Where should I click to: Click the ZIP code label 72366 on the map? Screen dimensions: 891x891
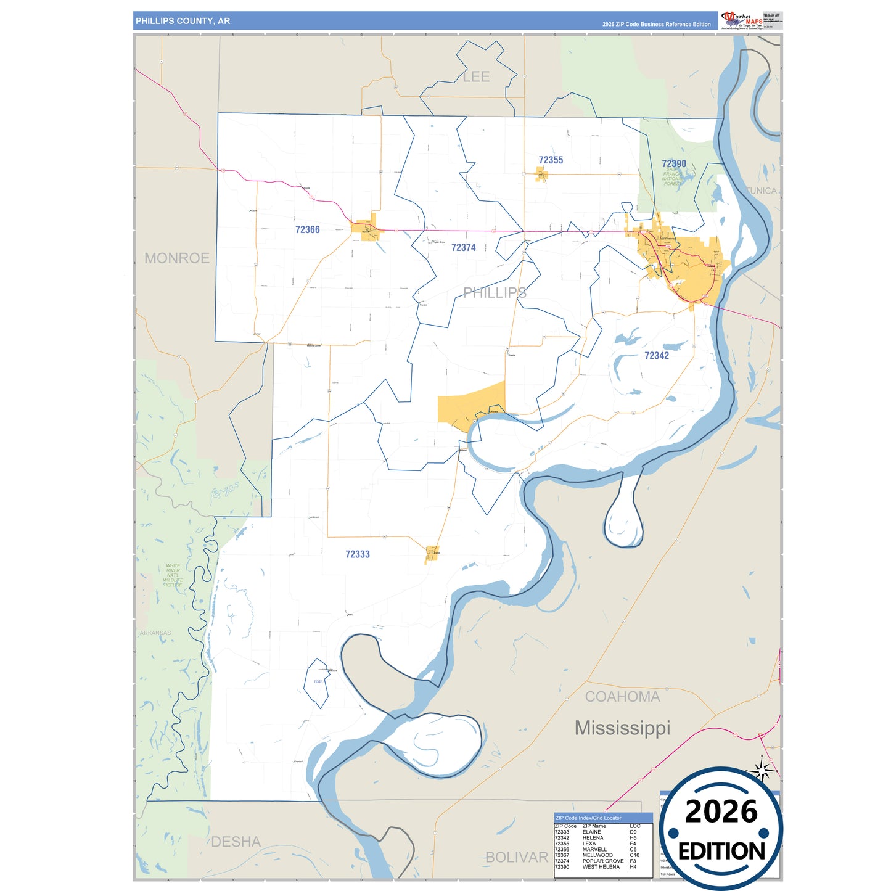point(307,229)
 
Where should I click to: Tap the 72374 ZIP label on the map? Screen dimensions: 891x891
point(463,247)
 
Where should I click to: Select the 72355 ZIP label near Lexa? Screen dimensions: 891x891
point(551,160)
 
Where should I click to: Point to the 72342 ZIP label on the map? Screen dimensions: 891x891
point(656,356)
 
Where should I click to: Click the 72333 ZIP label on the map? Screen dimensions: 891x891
point(358,554)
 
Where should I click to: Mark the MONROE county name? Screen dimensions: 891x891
point(177,258)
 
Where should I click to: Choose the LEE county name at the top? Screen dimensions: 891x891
point(476,76)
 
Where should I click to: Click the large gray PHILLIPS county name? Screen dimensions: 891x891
point(495,292)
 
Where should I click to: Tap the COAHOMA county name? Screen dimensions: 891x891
point(622,697)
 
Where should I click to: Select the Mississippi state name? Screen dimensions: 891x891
point(622,728)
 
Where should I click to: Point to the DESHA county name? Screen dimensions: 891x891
point(236,842)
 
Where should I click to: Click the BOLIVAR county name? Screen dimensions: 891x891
point(517,857)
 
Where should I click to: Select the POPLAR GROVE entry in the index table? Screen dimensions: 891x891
point(602,861)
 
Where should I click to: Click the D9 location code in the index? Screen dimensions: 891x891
point(633,832)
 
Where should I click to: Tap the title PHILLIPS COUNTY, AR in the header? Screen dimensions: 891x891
point(183,21)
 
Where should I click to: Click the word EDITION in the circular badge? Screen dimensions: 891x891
point(721,852)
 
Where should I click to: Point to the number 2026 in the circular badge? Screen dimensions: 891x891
point(721,811)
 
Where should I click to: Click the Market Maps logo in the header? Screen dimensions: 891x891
point(742,20)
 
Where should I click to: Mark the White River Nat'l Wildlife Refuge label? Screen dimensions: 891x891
point(173,575)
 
